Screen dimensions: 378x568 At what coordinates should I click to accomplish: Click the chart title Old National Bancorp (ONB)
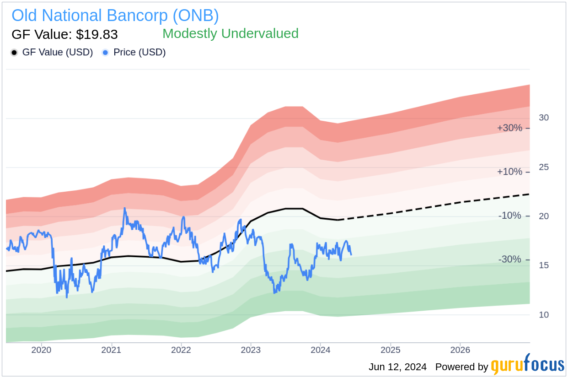point(115,16)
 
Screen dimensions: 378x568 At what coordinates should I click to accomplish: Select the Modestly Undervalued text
point(230,33)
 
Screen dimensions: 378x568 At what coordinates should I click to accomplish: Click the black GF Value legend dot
point(15,53)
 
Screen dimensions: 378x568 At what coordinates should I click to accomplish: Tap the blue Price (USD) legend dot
point(106,53)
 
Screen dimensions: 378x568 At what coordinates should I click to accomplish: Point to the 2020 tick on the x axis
point(41,350)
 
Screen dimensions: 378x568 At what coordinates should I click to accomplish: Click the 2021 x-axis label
point(111,350)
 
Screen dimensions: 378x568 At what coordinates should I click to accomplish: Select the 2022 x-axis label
point(181,350)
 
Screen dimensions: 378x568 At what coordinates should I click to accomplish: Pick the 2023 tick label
point(251,350)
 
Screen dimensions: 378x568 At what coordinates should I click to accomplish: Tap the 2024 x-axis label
point(321,350)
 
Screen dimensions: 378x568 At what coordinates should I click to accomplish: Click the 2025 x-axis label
point(391,350)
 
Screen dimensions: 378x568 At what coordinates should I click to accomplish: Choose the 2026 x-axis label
point(460,350)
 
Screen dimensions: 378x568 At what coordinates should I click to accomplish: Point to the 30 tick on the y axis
point(544,118)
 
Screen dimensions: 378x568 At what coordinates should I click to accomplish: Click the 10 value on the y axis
point(544,314)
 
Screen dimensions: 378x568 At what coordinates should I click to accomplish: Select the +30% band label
point(509,128)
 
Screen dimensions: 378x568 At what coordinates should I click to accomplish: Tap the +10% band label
point(509,172)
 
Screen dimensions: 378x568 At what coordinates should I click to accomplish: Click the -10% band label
point(509,216)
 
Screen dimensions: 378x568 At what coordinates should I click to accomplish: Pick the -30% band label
point(509,259)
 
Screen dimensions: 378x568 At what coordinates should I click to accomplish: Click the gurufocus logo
point(527,365)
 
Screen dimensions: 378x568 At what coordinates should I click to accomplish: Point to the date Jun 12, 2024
point(397,367)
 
